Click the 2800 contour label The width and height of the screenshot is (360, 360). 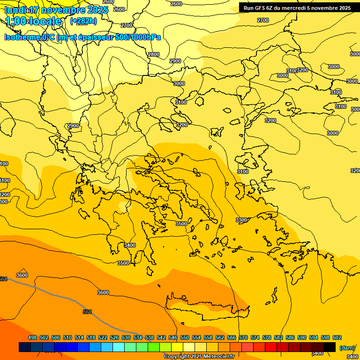click(x=154, y=54)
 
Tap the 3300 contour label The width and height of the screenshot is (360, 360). click(x=241, y=220)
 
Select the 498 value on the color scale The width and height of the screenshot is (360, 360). click(x=32, y=337)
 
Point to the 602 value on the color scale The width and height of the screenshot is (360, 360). click(x=337, y=337)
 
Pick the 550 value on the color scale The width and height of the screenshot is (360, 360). click(x=185, y=337)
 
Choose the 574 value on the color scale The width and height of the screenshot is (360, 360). click(x=255, y=337)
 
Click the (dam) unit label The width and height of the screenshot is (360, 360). click(x=347, y=348)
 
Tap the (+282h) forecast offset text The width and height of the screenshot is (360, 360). click(x=83, y=21)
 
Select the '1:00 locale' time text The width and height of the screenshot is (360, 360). click(x=33, y=21)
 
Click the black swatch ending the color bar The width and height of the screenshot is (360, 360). click(x=330, y=347)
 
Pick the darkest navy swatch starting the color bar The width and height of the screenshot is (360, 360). click(x=25, y=347)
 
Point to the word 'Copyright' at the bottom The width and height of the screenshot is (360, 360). click(x=177, y=357)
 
